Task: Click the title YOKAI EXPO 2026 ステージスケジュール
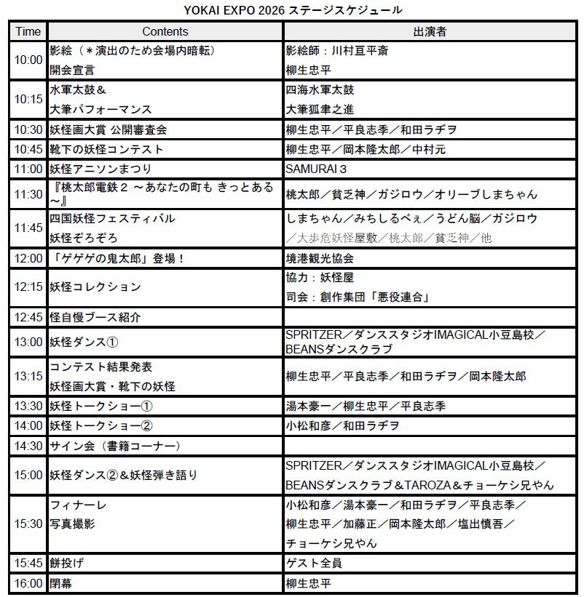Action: click(x=292, y=10)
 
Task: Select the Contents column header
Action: click(x=165, y=31)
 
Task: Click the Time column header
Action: click(x=28, y=31)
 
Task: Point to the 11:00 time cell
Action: click(x=28, y=168)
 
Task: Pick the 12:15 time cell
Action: click(x=28, y=287)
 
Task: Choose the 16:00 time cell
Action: click(x=28, y=583)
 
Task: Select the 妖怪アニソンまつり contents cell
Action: click(x=95, y=168)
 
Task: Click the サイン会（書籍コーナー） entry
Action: click(x=115, y=445)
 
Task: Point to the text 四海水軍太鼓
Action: click(x=320, y=90)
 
